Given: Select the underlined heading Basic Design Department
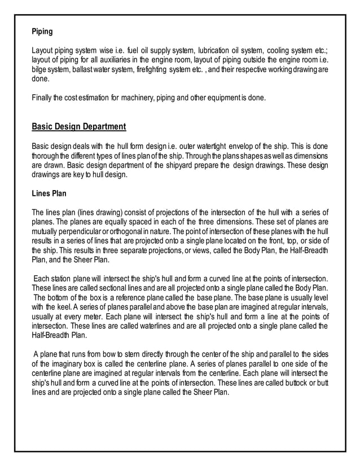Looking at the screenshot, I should [x=78, y=126].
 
